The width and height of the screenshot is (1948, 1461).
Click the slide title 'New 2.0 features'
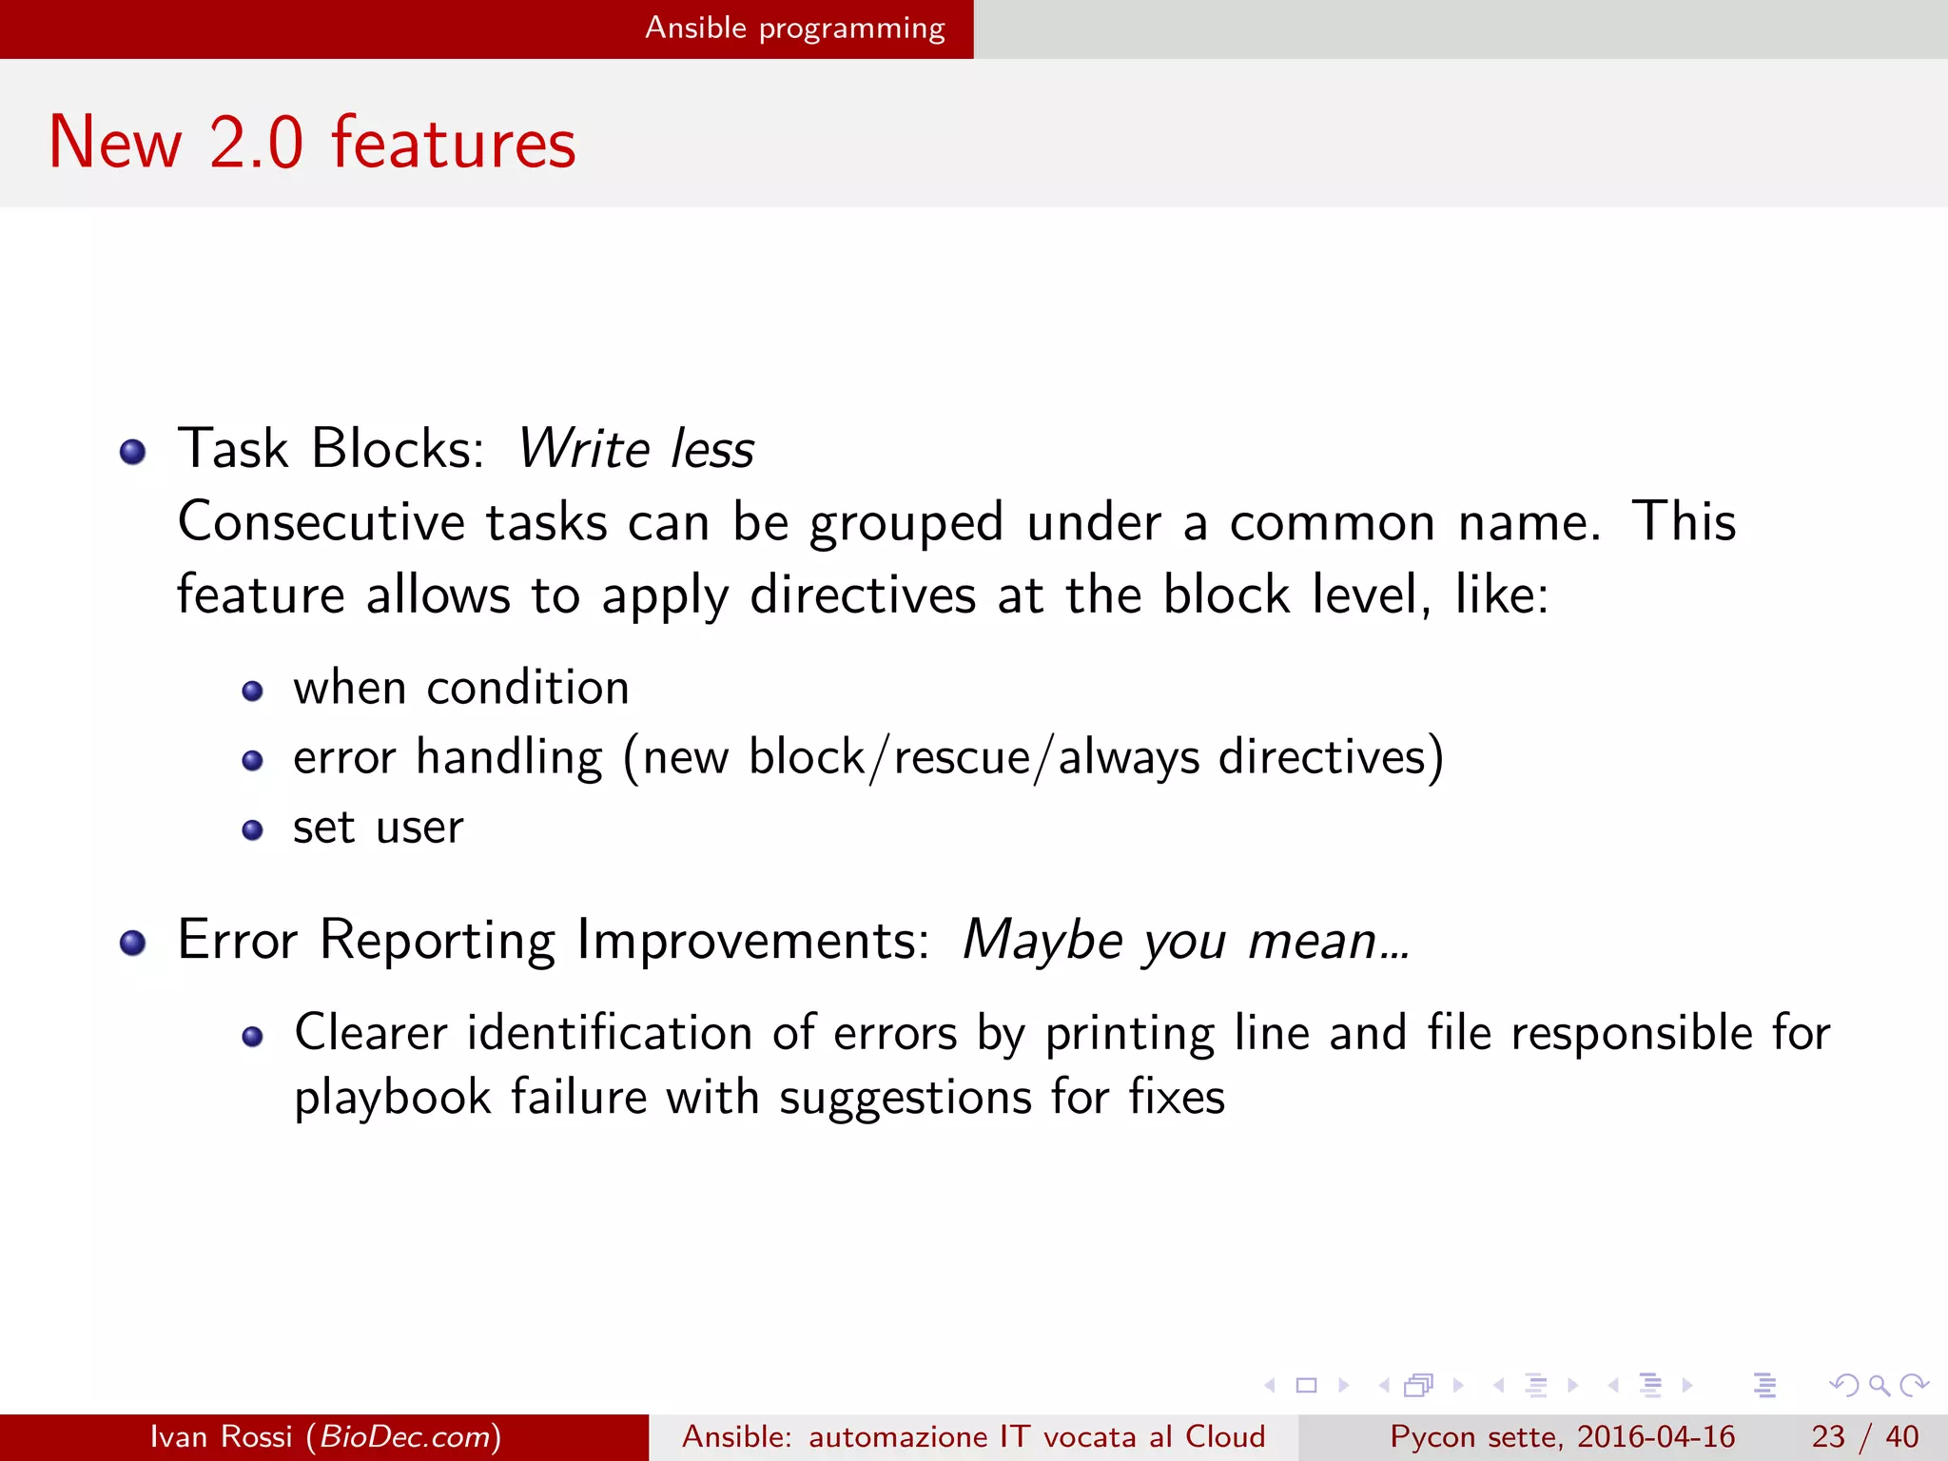312,143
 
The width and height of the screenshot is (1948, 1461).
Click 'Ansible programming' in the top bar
794,28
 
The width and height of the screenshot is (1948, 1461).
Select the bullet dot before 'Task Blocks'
133,452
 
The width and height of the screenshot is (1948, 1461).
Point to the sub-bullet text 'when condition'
460,687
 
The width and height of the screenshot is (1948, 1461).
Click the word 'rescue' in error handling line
962,757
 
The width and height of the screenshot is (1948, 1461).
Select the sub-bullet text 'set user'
378,827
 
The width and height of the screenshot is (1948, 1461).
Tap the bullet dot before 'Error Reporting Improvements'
133,943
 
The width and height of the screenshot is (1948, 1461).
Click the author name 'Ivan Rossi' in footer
221,1436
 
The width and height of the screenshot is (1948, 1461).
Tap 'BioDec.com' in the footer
403,1436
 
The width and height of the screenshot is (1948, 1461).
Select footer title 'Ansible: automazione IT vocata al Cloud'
973,1436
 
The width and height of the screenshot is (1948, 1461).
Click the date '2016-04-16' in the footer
1656,1436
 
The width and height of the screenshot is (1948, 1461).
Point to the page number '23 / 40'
1864,1436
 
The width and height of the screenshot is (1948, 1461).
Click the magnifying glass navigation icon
1879,1385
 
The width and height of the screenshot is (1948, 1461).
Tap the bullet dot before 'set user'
252,830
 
